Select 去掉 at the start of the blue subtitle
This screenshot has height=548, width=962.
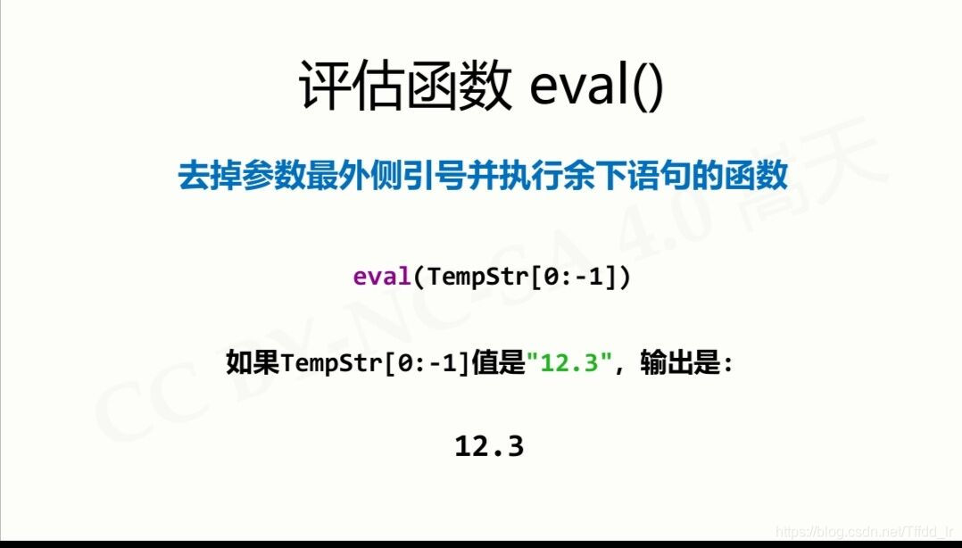(210, 175)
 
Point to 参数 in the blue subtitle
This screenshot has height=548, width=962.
(276, 175)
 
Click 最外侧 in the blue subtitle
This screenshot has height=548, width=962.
(356, 175)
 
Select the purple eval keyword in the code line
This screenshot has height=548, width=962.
(382, 277)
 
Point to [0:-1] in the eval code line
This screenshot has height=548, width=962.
(562, 277)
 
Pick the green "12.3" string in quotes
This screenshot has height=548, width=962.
(568, 364)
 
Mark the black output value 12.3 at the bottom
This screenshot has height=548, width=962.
(489, 446)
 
